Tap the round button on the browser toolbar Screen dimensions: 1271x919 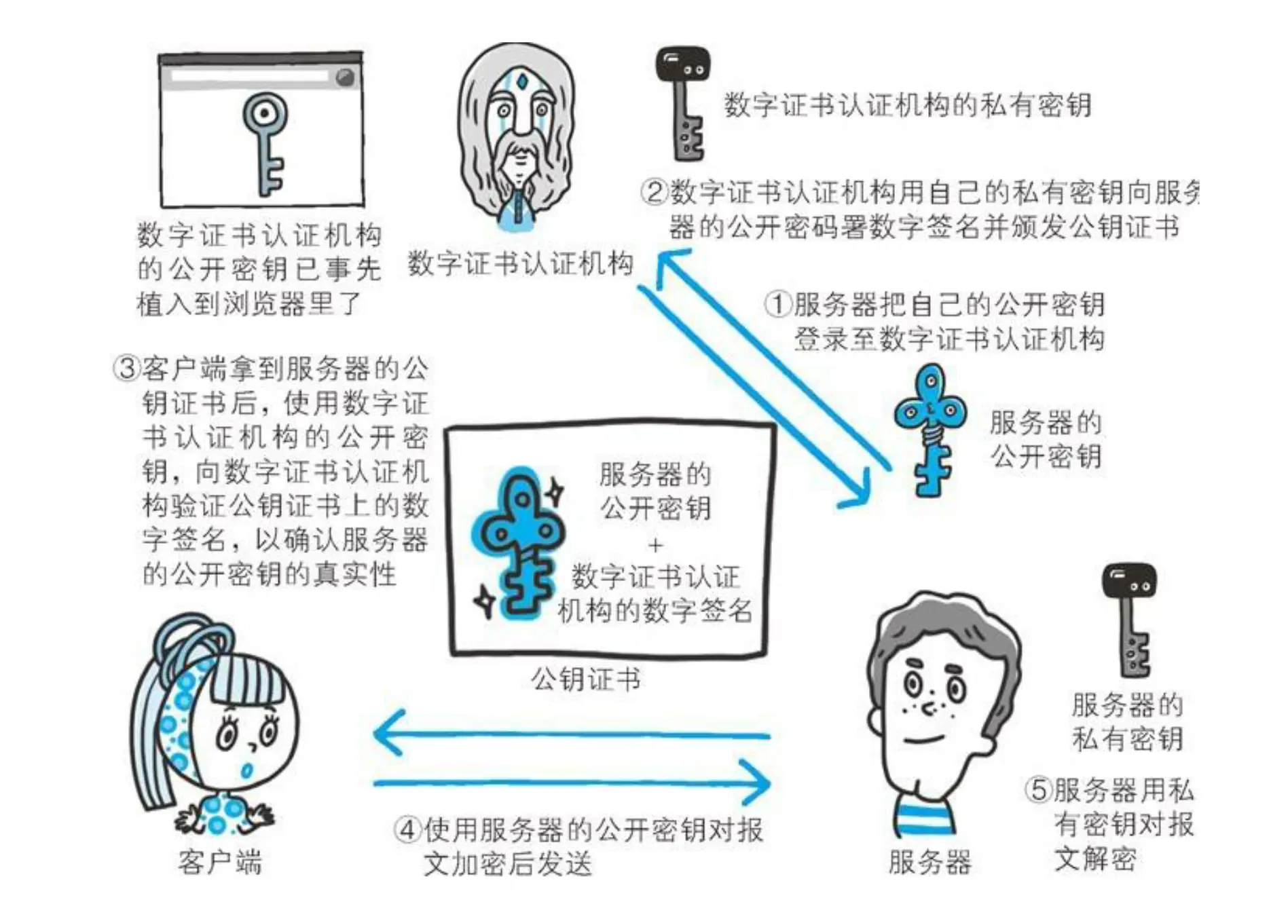coord(345,77)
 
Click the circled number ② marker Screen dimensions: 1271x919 coord(655,191)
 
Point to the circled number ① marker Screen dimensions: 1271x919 coord(778,303)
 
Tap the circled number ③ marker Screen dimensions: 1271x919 coord(126,369)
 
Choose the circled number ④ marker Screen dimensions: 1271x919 coord(408,829)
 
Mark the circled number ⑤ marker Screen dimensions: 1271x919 coord(1038,789)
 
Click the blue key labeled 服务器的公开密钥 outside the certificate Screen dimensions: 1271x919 coord(931,428)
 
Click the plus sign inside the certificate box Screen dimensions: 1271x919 coord(655,544)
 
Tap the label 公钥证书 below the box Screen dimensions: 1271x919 coord(585,679)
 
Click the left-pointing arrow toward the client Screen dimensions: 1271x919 coord(570,734)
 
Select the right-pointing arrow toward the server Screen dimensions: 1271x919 coord(570,783)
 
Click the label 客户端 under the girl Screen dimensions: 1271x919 coord(220,861)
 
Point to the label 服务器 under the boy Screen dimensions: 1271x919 coord(929,861)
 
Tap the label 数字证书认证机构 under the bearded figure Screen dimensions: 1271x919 coord(520,263)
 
